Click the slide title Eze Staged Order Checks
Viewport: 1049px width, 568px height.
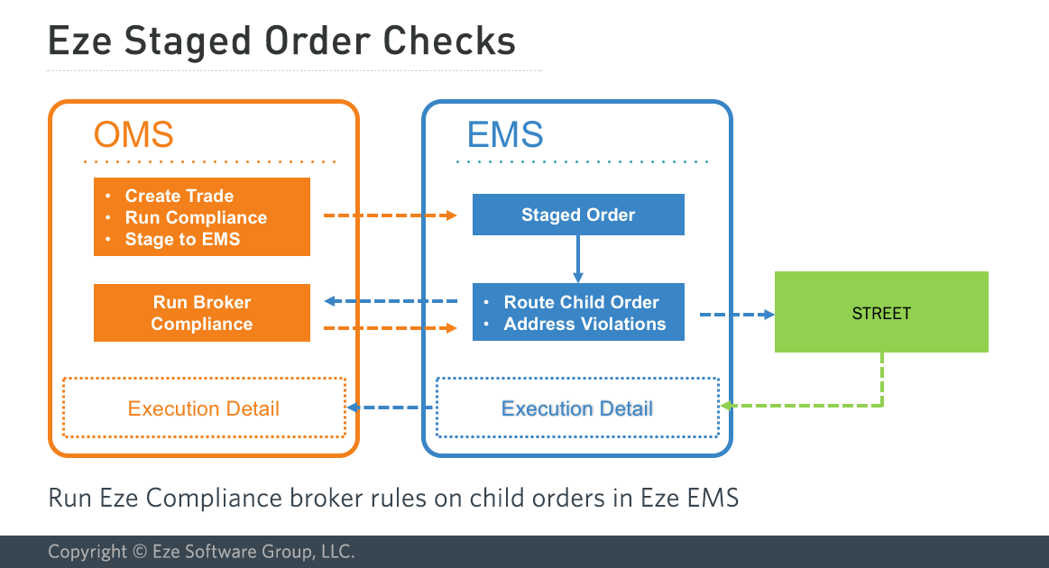(281, 41)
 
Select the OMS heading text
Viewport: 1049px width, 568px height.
(133, 135)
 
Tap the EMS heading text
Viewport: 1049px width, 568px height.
(505, 135)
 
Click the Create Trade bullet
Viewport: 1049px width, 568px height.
(179, 196)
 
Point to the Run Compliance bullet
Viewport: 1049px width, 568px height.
(196, 217)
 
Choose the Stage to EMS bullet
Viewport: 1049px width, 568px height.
(182, 239)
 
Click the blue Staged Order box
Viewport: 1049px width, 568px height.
(578, 215)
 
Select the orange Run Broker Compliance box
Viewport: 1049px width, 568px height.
(201, 313)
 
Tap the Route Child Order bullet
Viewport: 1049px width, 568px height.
(581, 302)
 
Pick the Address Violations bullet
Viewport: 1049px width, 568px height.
(584, 324)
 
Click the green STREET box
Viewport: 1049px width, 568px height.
(881, 313)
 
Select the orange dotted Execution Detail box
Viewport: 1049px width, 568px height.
(204, 408)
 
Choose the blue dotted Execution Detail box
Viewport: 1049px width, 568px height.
(577, 408)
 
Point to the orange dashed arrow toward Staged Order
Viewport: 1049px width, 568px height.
(391, 215)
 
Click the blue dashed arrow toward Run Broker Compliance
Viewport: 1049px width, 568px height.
(391, 301)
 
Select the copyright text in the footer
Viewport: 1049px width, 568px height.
(201, 552)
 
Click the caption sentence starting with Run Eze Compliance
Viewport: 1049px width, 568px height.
(393, 498)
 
